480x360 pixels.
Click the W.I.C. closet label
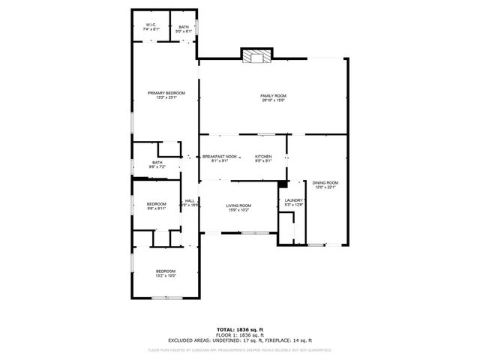150,26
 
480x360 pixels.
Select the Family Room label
273,95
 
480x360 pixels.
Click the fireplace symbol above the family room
256,57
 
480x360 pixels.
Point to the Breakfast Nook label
220,156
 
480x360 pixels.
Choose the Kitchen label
262,156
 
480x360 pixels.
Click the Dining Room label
325,182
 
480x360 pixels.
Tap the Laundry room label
292,199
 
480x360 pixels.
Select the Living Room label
239,205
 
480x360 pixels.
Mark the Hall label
190,199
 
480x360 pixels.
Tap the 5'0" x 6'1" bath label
184,31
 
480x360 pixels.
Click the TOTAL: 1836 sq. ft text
240,330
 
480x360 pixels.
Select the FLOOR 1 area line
240,334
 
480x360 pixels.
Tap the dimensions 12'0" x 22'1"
325,187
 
